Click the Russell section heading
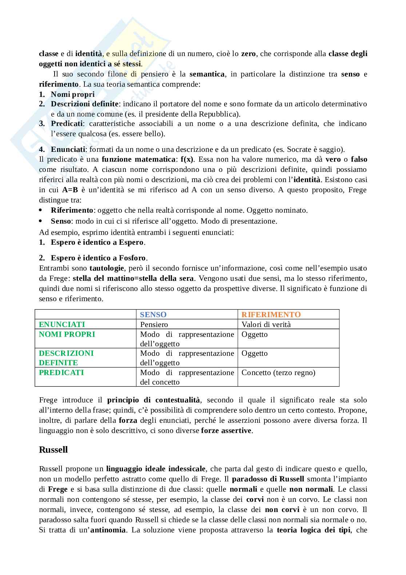(53, 449)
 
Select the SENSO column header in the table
(153, 315)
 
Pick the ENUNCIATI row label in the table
(62, 324)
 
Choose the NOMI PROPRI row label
(67, 334)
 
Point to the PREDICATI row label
(61, 373)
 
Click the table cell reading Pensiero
(154, 324)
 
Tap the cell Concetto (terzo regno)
(278, 373)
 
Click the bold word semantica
(207, 74)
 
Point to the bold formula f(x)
(187, 159)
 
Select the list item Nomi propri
(73, 94)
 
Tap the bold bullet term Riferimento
(72, 210)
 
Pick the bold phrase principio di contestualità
(154, 400)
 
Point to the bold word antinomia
(108, 530)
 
